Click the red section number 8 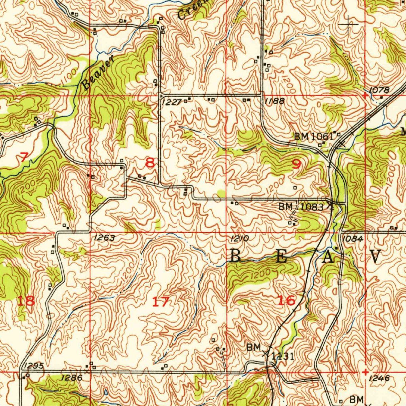click(x=150, y=163)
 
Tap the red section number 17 click(x=161, y=302)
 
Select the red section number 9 click(x=297, y=164)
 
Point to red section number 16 click(x=286, y=300)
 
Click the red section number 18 click(x=26, y=301)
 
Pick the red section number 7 click(x=24, y=157)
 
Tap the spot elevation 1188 click(x=274, y=101)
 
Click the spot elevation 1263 click(x=105, y=238)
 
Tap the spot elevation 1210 click(x=239, y=238)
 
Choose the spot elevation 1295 click(x=33, y=365)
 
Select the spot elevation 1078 click(x=379, y=90)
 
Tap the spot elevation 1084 click(x=352, y=239)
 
